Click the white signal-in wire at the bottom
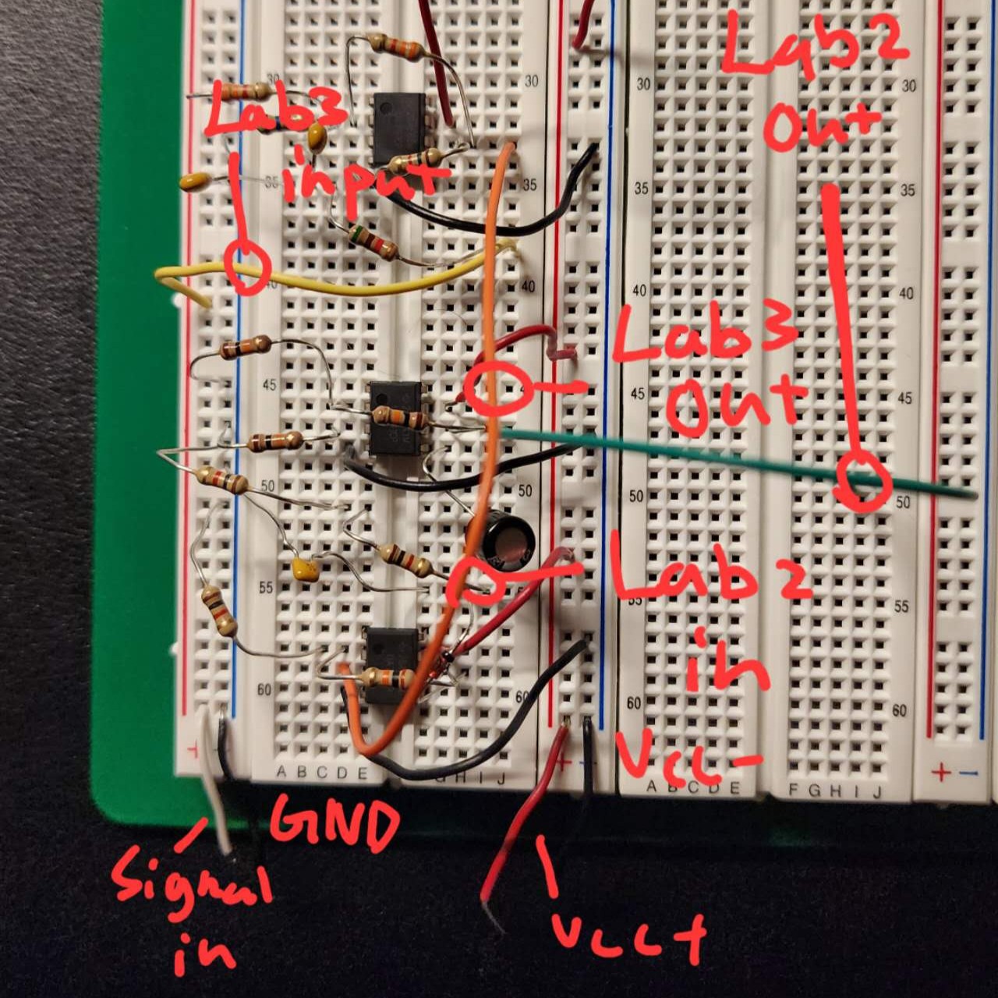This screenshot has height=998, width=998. pos(215,787)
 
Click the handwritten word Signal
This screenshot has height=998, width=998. pos(191,885)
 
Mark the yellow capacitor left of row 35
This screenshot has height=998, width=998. pos(193,182)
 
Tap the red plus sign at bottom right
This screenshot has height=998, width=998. pos(941,773)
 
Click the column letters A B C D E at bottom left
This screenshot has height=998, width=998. pos(320,773)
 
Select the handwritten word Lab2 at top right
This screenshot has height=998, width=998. pos(815,47)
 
